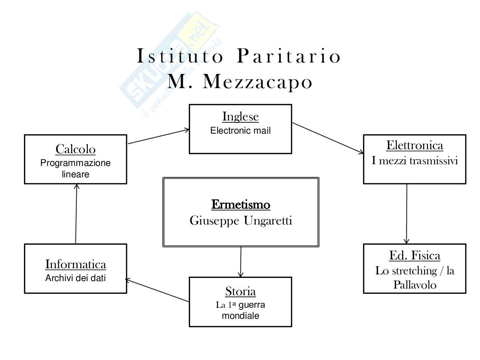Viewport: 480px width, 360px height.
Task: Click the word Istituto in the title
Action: (180, 57)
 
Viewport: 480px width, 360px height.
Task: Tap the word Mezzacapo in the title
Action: (258, 82)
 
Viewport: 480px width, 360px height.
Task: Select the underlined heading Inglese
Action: (240, 117)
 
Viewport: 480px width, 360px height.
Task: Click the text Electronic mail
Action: (240, 131)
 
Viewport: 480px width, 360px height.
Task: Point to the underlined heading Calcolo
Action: (75, 149)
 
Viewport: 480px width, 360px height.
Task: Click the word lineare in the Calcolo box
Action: (75, 174)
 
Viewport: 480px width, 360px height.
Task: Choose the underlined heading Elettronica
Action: (415, 145)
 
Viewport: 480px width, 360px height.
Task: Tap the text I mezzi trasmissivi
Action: (415, 161)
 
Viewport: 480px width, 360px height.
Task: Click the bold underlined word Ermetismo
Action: (241, 205)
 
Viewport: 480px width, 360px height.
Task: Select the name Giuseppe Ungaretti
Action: (241, 221)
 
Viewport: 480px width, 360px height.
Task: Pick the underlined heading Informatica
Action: (75, 264)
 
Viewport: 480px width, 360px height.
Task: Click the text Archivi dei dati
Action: (75, 278)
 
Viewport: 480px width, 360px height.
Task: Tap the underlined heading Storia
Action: (240, 291)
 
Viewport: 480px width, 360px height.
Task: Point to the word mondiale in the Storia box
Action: (240, 316)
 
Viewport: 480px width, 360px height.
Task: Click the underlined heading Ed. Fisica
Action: (415, 256)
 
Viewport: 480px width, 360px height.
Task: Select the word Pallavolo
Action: (415, 285)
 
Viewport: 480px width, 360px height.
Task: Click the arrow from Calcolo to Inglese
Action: (158, 137)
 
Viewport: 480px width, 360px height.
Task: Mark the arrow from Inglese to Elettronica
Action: (327, 138)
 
